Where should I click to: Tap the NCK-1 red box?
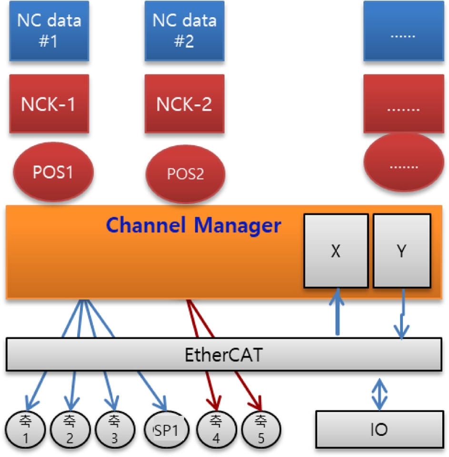pos(49,104)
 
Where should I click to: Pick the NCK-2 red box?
pos(184,104)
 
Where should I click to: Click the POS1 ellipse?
pos(53,172)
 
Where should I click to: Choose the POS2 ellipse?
pos(185,174)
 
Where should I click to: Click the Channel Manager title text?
pos(193,225)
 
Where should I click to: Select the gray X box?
pos(335,251)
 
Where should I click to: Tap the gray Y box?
pos(402,251)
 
